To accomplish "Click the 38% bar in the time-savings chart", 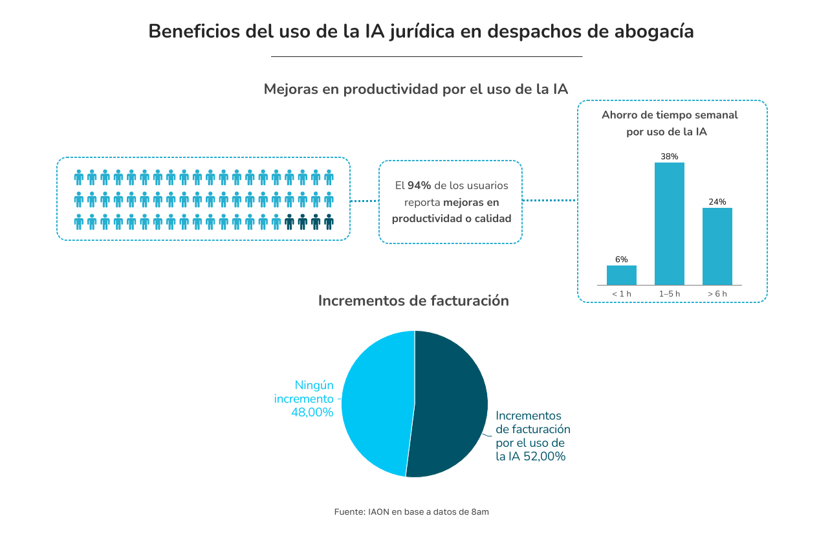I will tap(669, 223).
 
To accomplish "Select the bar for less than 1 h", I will tap(621, 275).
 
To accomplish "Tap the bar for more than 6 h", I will tap(717, 246).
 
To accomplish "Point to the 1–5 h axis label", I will tap(669, 294).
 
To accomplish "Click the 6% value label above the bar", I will tap(621, 260).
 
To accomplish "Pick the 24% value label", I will tap(717, 202).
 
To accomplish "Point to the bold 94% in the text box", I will tap(419, 186).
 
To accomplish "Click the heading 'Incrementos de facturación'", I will tap(413, 301).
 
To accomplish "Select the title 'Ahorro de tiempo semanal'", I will tap(669, 115).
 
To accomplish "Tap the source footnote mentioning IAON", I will tap(411, 512).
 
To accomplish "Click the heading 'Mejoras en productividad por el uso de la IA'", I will tap(415, 89).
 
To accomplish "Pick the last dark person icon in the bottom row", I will tap(329, 222).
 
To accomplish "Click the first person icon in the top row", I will tap(79, 177).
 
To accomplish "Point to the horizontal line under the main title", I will tap(426, 57).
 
